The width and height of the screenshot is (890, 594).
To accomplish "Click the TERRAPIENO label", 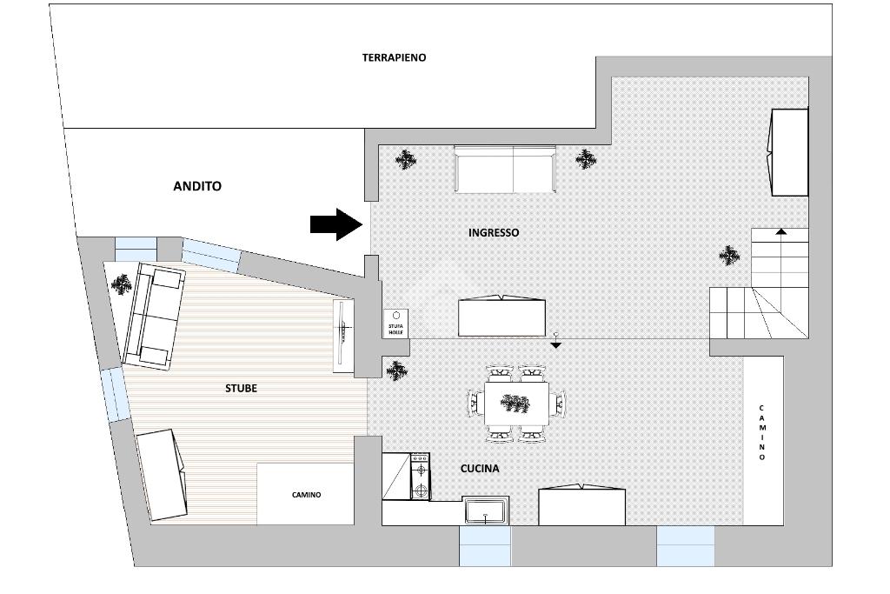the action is pyautogui.click(x=394, y=57).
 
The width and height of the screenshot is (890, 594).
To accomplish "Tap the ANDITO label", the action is pyautogui.click(x=197, y=186).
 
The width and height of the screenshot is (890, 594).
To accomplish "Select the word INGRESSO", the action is pyautogui.click(x=494, y=232).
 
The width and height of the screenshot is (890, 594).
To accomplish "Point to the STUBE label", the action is pyautogui.click(x=242, y=389).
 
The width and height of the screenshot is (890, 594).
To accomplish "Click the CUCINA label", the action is pyautogui.click(x=480, y=469).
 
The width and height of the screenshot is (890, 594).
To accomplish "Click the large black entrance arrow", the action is pyautogui.click(x=336, y=224).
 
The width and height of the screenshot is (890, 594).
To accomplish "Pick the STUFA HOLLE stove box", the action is pyautogui.click(x=395, y=324).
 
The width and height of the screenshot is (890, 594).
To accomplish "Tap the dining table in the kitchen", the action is pyautogui.click(x=516, y=404).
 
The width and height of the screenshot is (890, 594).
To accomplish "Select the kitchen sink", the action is pyautogui.click(x=485, y=510).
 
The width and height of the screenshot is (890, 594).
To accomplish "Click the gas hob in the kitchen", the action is pyautogui.click(x=420, y=476).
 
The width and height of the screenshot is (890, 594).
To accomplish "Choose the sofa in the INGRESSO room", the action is pyautogui.click(x=505, y=169).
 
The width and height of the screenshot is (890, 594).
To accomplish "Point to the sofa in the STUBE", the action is pyautogui.click(x=154, y=317).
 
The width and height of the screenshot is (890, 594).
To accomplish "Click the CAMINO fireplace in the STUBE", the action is pyautogui.click(x=306, y=493).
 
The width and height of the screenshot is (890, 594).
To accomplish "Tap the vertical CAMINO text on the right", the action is pyautogui.click(x=761, y=433).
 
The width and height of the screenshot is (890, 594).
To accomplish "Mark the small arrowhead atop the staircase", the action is pyautogui.click(x=781, y=231).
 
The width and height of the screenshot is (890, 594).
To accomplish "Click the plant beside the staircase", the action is pyautogui.click(x=729, y=256).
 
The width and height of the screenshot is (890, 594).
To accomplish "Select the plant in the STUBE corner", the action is pyautogui.click(x=121, y=284).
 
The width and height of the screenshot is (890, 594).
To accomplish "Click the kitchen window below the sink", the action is pyautogui.click(x=485, y=546).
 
